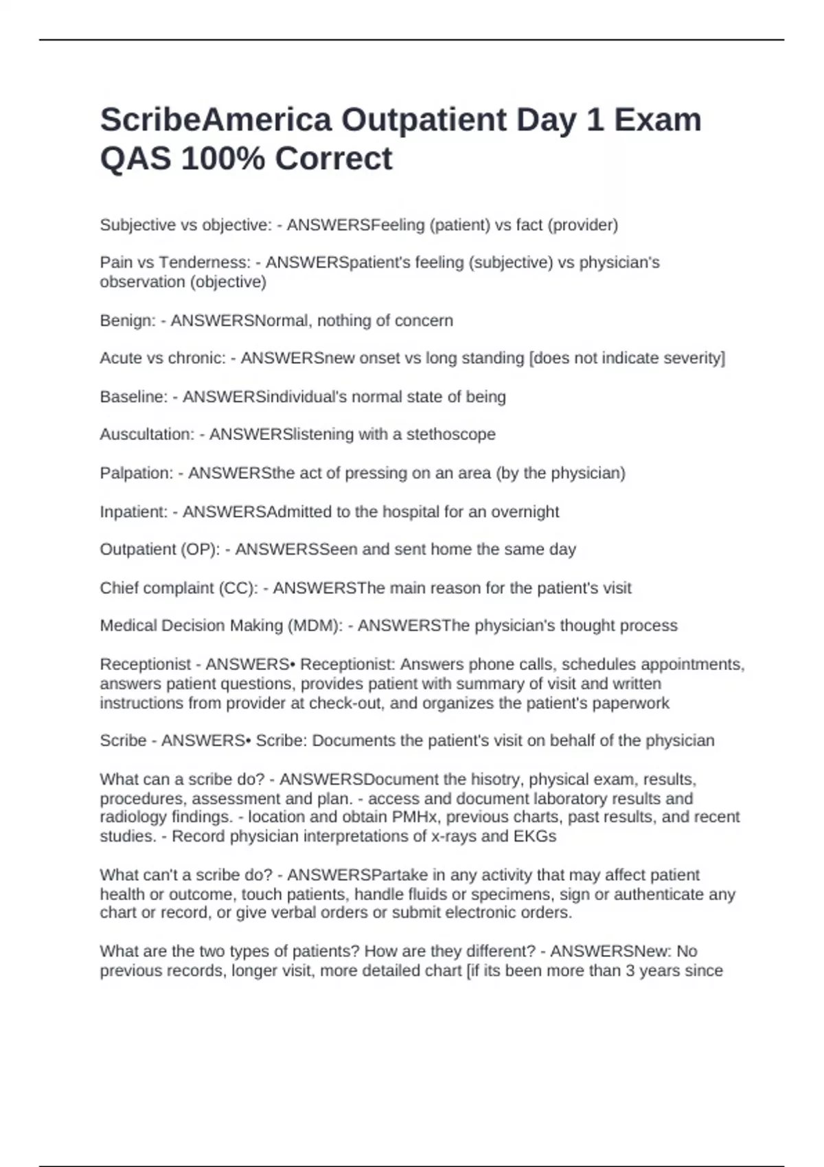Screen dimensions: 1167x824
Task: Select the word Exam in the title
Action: (657, 120)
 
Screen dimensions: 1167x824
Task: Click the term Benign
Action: (128, 321)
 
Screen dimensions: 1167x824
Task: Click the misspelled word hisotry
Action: (496, 780)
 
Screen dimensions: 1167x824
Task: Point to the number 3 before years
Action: (630, 971)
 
